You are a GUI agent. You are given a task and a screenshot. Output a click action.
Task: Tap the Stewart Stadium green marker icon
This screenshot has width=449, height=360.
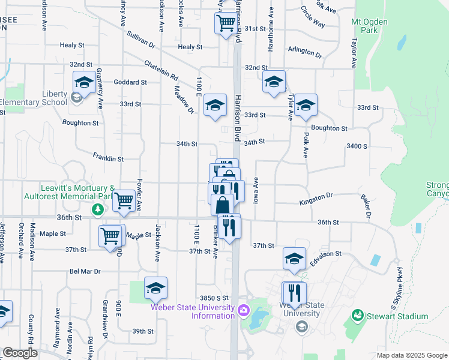[358, 315]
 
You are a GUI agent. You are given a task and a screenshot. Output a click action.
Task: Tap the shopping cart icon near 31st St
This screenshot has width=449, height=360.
[226, 23]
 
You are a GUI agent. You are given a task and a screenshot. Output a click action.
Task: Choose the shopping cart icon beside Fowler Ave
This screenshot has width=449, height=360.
[124, 200]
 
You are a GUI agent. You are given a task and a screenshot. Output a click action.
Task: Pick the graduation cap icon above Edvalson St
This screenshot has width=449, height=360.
[294, 258]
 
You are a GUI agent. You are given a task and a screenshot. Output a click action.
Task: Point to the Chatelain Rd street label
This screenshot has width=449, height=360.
[161, 70]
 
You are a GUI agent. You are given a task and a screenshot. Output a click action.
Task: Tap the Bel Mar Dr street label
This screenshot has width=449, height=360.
[85, 271]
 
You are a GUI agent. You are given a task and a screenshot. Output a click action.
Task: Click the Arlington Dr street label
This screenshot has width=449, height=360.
[305, 52]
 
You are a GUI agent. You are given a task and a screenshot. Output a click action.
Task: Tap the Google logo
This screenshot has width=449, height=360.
[20, 353]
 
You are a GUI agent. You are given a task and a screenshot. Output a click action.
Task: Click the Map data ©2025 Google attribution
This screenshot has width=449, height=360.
[411, 355]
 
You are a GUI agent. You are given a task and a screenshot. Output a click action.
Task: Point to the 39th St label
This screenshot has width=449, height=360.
[143, 331]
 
